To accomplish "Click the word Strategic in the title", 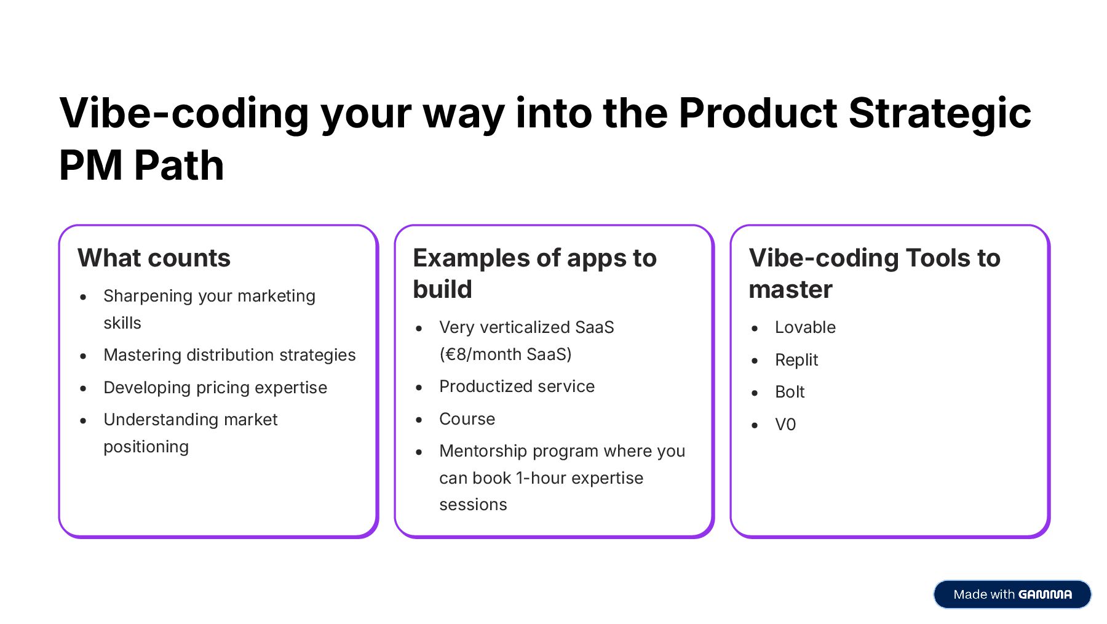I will pos(939,114).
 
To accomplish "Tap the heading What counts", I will pos(154,258).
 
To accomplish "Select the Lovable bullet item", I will pos(805,327).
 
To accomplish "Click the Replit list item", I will pos(796,360).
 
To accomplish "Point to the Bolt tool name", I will pos(790,392).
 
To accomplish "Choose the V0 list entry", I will pos(785,425).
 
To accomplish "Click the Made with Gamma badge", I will pos(1012,594).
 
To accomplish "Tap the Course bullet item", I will pos(467,419).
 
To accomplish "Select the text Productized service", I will pos(517,386).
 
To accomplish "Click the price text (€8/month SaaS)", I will pos(506,354).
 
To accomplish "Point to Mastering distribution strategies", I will pos(229,355).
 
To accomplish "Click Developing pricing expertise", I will pos(215,388).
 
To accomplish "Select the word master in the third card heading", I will pos(790,289).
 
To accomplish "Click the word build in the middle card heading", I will pos(442,289).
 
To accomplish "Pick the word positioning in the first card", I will pos(146,447).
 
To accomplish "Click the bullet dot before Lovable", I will pos(755,329).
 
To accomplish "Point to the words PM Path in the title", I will pos(141,166).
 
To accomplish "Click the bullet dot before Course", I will pos(419,420).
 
